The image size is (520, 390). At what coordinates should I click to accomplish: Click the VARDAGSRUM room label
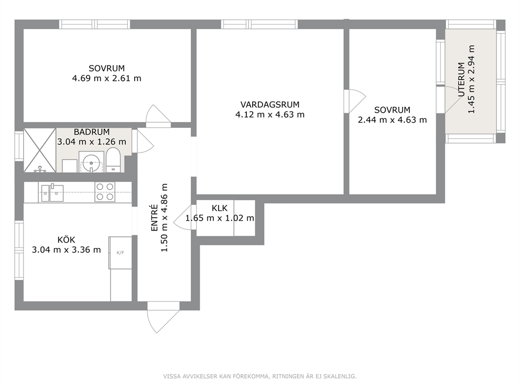(269, 105)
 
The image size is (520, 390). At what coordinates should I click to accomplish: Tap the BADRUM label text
(92, 132)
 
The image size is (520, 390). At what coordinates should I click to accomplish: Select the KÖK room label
(67, 240)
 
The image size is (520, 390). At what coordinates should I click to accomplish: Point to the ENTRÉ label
(154, 218)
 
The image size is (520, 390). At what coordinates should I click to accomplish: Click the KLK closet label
(220, 208)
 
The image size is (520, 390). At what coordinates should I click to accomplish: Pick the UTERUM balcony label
(461, 80)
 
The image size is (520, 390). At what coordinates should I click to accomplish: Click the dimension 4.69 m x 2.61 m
(107, 78)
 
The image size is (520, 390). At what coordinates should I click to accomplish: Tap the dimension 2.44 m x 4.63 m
(392, 120)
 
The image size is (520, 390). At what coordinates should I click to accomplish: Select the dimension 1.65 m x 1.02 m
(220, 218)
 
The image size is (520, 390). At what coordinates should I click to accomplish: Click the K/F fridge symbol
(120, 253)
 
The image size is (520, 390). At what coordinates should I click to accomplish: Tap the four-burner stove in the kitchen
(105, 192)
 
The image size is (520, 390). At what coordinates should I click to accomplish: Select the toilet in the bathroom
(113, 161)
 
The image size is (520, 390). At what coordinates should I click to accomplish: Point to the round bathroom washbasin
(91, 163)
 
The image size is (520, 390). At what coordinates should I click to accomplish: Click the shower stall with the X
(39, 150)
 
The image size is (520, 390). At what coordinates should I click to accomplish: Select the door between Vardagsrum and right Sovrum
(355, 101)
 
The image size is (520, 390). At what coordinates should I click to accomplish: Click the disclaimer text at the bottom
(259, 376)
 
